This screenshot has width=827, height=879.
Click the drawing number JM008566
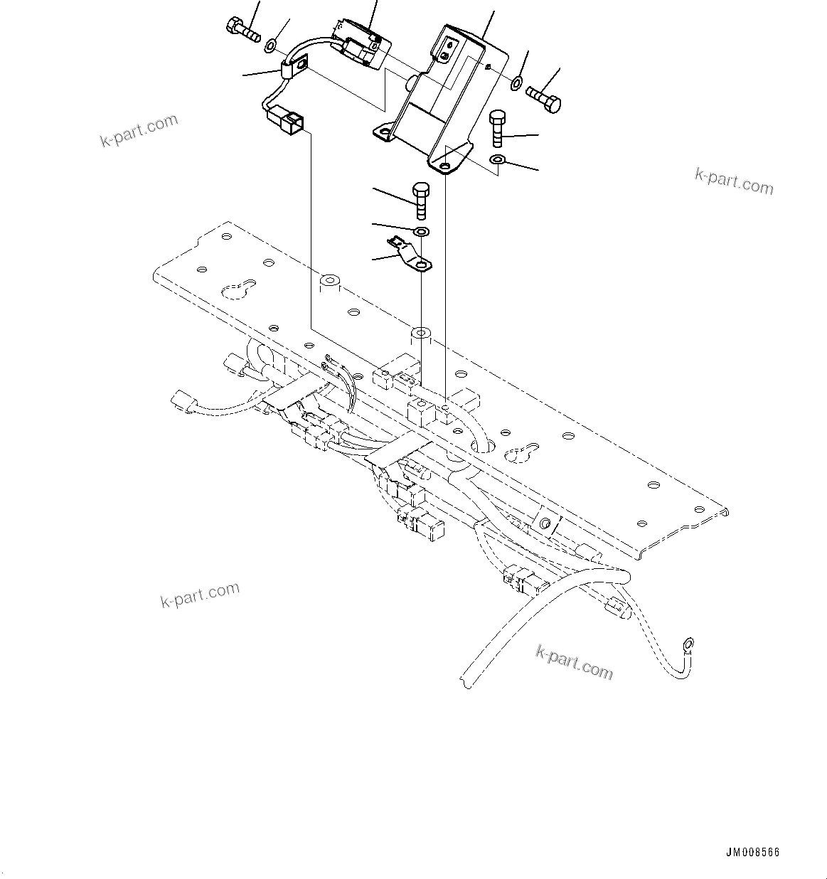(x=753, y=852)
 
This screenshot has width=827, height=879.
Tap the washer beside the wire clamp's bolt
(x=271, y=47)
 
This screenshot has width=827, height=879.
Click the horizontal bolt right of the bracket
(x=544, y=100)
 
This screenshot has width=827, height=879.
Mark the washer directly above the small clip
(x=421, y=232)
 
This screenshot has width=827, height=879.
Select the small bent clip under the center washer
(x=410, y=256)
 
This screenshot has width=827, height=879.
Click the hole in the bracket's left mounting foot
(x=385, y=132)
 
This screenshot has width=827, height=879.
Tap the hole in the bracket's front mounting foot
(x=445, y=166)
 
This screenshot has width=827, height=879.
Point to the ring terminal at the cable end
(x=687, y=645)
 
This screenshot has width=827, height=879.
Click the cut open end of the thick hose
(x=466, y=678)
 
